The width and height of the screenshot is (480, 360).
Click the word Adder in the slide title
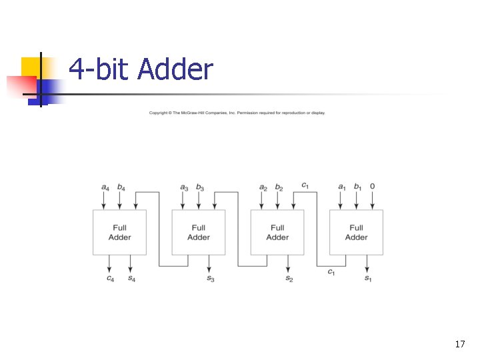point(175,69)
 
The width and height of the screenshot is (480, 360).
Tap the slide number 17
point(459,344)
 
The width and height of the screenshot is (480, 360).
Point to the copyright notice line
point(237,113)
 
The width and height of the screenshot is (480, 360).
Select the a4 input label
point(105,187)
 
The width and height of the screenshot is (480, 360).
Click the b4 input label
point(121,187)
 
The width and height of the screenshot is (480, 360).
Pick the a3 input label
point(184,187)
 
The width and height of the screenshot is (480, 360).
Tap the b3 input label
point(199,187)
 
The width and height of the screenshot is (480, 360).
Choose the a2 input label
point(263,187)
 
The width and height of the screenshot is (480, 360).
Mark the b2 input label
point(279,187)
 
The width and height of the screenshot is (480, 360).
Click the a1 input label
point(342,187)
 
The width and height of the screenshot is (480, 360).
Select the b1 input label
point(357,187)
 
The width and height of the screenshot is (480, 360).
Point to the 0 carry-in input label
point(372,187)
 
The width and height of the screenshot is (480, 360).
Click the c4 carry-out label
point(109,279)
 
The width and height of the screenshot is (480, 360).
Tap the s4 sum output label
point(131,279)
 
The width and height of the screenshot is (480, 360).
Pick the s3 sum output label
point(211,279)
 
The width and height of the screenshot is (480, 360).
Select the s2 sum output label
point(289,279)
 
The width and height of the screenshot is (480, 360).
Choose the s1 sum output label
point(368,279)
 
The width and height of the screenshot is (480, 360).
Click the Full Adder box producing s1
point(356,232)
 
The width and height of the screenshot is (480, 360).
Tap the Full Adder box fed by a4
point(119,232)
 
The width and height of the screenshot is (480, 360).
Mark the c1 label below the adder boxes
point(331,271)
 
